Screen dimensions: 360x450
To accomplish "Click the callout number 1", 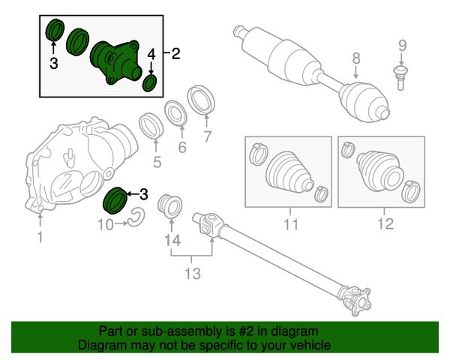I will point(40,238).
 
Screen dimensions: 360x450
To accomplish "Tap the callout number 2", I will point(176,54).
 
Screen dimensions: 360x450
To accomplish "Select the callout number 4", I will point(151,54).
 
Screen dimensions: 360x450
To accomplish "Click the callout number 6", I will point(181,148).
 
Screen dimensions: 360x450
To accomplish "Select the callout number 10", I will point(104,223).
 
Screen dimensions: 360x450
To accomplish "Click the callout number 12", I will point(384,223).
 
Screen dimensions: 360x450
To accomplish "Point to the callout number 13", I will point(193,274).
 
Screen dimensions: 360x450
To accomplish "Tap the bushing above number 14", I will point(167,205).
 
